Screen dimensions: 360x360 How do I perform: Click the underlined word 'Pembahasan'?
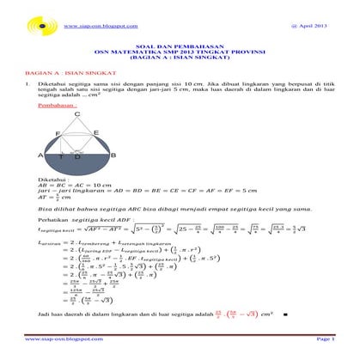pos(52,106)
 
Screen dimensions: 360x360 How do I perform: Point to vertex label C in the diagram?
pos(77,114)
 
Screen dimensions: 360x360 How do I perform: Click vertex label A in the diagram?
pos(40,156)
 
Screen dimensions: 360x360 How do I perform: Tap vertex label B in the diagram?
pos(114,156)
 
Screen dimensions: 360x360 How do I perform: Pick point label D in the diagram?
pos(78,157)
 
